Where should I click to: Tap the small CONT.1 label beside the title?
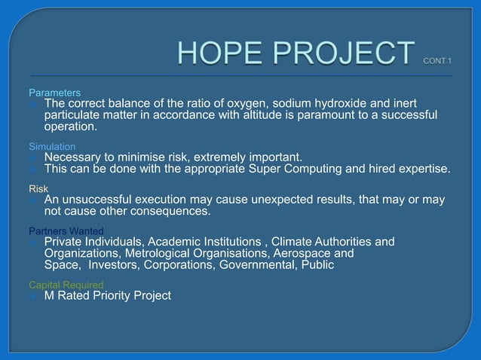[x=437, y=59]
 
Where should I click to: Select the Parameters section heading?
[x=55, y=93]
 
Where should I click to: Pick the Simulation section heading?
[x=52, y=146]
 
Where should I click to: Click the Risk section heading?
[x=38, y=188]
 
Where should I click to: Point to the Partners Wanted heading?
[x=66, y=230]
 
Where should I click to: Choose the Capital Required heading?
[x=66, y=285]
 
